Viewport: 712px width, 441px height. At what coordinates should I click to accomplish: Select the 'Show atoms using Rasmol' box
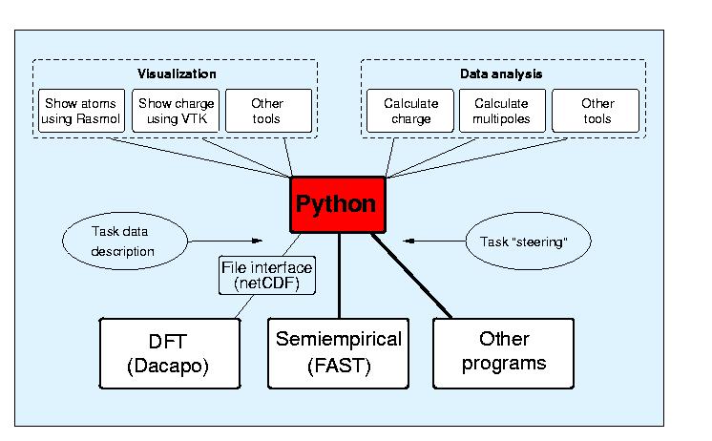click(x=81, y=111)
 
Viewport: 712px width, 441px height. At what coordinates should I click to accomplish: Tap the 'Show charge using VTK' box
click(x=177, y=111)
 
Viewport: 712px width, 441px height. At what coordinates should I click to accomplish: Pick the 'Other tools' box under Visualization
click(x=268, y=111)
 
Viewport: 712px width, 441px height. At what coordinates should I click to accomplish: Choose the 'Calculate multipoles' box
click(x=501, y=111)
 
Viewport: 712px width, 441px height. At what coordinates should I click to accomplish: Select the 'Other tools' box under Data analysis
click(x=597, y=111)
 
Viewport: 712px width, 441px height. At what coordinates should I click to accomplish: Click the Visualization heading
click(x=177, y=73)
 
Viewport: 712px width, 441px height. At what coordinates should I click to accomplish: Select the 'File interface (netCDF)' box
click(x=267, y=276)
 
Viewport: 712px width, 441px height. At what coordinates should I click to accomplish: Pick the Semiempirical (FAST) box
click(x=339, y=352)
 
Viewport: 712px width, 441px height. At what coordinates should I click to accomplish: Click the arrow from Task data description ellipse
click(x=239, y=241)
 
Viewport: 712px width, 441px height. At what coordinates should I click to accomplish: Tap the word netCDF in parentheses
click(x=267, y=283)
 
